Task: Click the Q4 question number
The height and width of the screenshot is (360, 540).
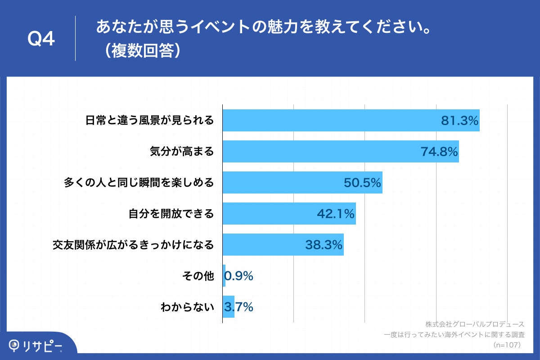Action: point(41,39)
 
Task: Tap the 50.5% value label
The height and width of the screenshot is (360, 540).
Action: point(362,183)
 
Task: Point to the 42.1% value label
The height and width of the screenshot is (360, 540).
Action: point(336,214)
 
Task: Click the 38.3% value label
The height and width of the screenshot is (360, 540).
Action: point(324,245)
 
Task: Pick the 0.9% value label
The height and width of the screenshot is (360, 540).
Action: point(239,276)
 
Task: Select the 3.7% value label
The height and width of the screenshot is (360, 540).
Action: point(239,307)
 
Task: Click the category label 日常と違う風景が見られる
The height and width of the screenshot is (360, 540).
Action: point(149,121)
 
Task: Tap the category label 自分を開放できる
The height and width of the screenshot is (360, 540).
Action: point(171,214)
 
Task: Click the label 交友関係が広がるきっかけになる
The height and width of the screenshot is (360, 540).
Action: point(133,245)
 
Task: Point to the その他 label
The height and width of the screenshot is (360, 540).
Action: point(198,276)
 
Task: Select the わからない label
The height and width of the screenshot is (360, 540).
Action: point(187,307)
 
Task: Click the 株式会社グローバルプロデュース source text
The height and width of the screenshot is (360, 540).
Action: point(475,324)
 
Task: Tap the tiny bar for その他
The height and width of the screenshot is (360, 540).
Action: point(224,276)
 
